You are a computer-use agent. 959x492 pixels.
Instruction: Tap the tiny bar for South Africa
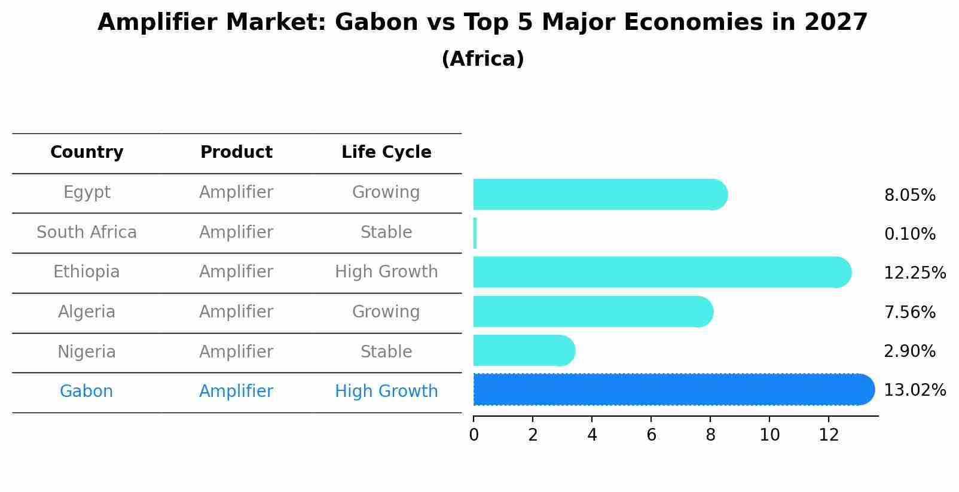475,233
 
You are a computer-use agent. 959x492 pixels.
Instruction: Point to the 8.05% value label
909,195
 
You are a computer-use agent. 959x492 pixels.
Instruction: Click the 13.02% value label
914,390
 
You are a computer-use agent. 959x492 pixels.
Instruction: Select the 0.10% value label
909,234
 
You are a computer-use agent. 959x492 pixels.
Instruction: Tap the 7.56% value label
909,313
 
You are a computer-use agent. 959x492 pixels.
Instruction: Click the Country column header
87,152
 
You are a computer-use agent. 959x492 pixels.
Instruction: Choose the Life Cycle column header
386,152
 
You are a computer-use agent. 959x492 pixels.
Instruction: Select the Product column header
236,152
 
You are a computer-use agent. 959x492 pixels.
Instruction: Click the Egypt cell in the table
87,192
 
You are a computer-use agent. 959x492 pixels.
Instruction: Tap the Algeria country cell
87,312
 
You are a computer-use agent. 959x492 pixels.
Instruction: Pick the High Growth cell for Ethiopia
386,272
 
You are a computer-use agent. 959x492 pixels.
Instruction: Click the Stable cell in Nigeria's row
386,352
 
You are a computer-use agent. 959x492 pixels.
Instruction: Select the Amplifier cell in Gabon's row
236,392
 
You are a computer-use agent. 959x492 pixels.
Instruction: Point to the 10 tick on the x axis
769,435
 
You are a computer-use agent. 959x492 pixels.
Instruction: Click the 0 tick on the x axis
474,435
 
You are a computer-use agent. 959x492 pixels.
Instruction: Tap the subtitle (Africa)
482,59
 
